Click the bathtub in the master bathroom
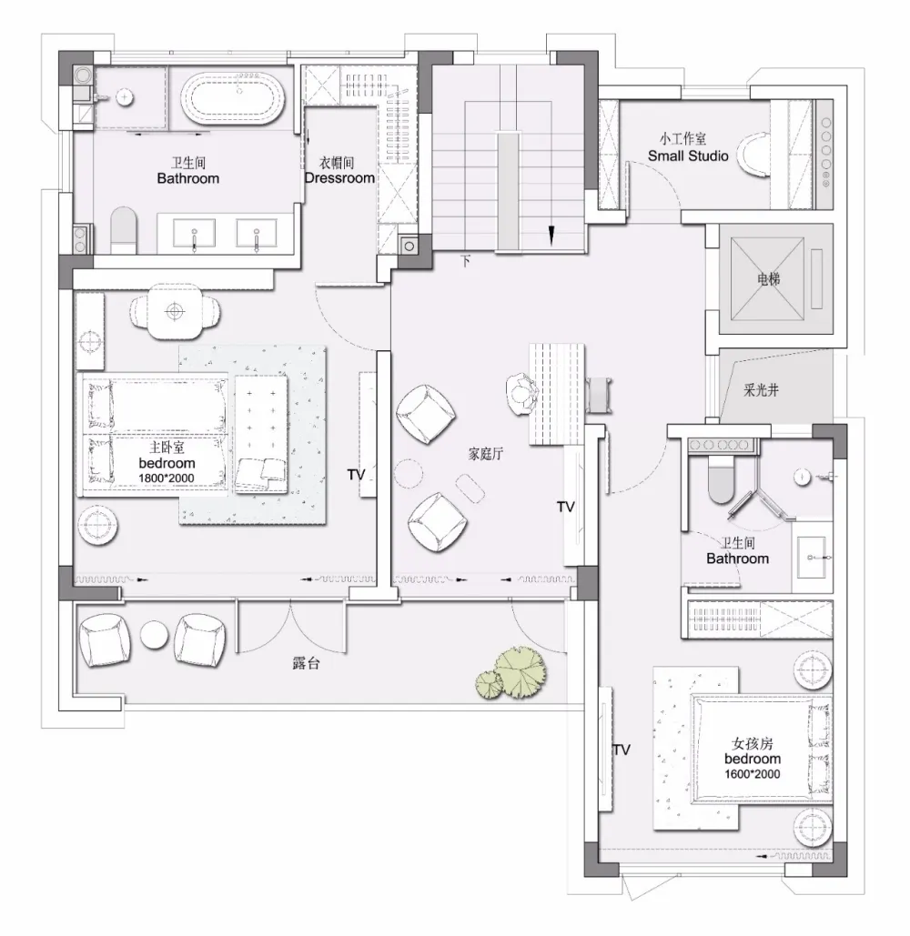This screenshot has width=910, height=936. (235, 98)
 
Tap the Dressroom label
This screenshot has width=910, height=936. (339, 178)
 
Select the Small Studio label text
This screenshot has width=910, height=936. (688, 156)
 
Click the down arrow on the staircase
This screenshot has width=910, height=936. (551, 234)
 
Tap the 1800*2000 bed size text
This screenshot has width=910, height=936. (167, 478)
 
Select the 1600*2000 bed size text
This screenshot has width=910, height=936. (753, 773)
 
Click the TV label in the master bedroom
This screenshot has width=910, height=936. (356, 475)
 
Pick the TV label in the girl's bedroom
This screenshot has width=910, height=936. (621, 750)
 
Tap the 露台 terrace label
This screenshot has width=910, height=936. (306, 665)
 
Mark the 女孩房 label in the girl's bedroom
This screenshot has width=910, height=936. (753, 743)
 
